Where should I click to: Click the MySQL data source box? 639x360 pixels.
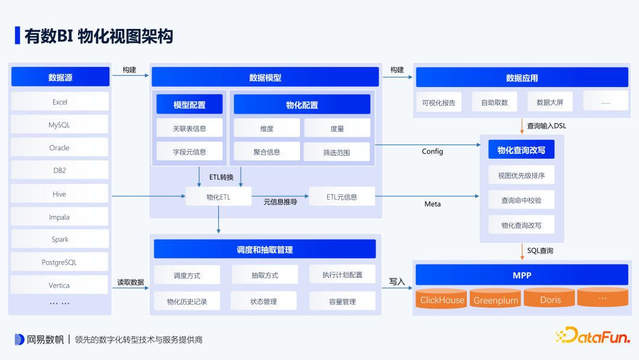[x=60, y=125]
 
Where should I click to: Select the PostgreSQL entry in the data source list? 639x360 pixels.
[x=60, y=262]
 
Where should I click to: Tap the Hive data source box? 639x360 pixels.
[x=60, y=194]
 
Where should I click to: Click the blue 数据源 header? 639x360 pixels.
[x=60, y=77]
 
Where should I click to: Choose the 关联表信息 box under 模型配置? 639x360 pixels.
[x=189, y=128]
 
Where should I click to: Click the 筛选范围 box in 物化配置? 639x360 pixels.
[x=337, y=152]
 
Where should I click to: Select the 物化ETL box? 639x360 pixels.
[x=218, y=197]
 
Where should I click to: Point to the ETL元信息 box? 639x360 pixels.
[x=341, y=197]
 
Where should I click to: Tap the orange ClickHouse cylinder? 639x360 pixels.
[x=442, y=299]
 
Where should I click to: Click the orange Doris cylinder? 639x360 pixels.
[x=550, y=299]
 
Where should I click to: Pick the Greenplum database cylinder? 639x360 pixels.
[x=496, y=300]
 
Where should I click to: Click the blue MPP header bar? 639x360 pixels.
[x=522, y=275]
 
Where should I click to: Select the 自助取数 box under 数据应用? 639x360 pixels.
[x=494, y=102]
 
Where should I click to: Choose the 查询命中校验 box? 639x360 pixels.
[x=521, y=200]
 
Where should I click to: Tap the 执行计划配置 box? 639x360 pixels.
[x=342, y=275]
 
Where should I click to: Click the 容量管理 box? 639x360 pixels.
[x=342, y=301]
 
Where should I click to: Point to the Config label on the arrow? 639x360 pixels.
[x=432, y=152]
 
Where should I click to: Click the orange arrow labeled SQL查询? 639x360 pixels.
[x=522, y=251]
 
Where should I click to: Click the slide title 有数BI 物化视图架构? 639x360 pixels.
[x=98, y=36]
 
